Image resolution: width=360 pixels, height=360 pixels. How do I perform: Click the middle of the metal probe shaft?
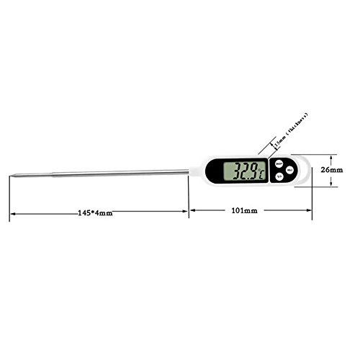[101, 173]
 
